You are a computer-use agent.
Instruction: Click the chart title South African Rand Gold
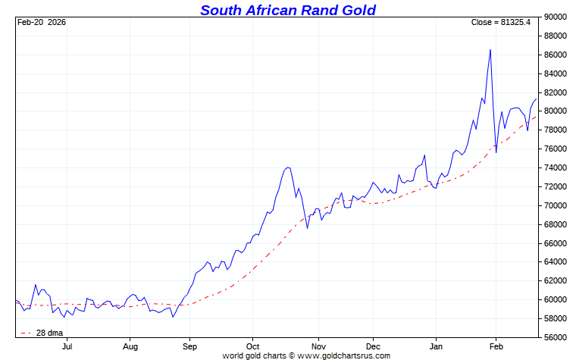pos(288,10)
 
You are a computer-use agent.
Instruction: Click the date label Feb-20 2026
pos(42,23)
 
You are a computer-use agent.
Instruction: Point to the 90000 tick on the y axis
pos(557,17)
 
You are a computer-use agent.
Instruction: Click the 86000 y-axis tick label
pos(557,55)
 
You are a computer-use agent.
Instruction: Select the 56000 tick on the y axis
pos(557,337)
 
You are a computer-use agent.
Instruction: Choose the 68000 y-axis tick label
pos(557,224)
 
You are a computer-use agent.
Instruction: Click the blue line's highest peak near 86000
pos(490,50)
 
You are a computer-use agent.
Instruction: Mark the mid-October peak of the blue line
pos(288,167)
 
